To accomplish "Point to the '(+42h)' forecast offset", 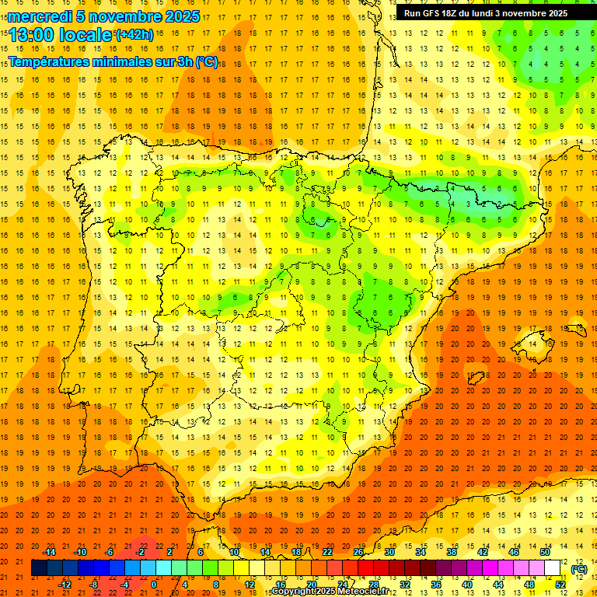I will pos(134,35).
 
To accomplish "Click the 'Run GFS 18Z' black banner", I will pos(485,13).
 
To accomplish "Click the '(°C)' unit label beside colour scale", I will pos(578,570).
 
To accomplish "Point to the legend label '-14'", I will pos(50,552).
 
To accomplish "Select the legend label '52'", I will pos(560,585).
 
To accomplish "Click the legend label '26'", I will pos(358,552).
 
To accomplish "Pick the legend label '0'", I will pos(154,585).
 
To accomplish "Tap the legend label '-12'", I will pos(65,585).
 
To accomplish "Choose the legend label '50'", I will pos(545,552).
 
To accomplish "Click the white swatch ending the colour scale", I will pos(553,568).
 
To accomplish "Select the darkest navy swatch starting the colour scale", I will pos(39,568).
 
